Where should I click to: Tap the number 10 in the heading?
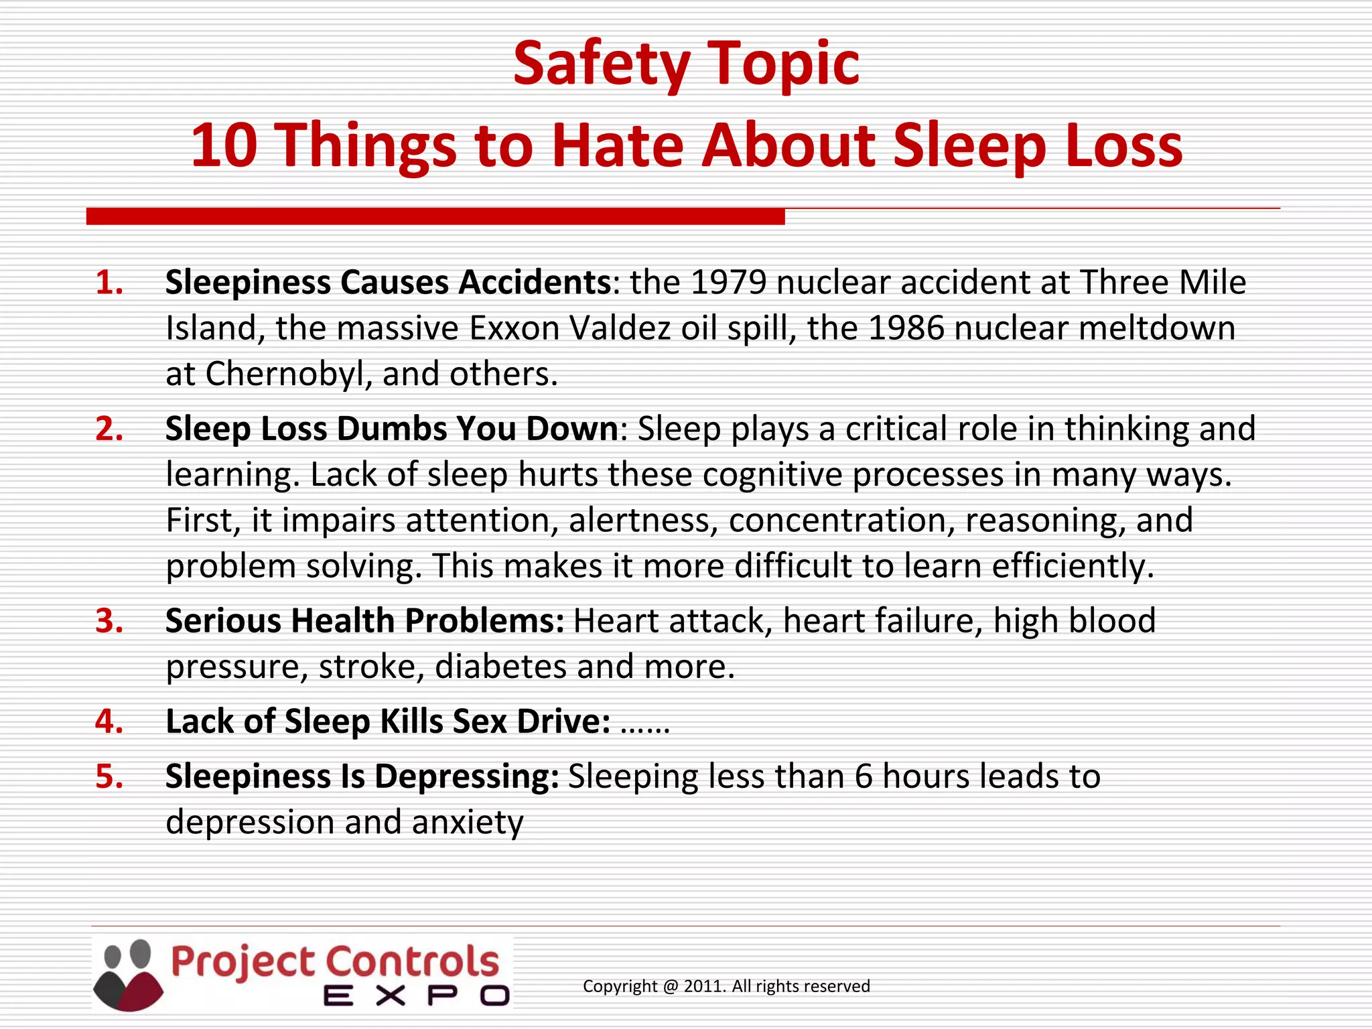[224, 145]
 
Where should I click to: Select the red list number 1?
[109, 283]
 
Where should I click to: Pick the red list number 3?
[109, 621]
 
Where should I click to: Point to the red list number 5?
[109, 776]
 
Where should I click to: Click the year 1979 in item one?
[728, 282]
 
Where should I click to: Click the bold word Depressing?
[466, 776]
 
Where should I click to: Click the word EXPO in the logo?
[416, 996]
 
